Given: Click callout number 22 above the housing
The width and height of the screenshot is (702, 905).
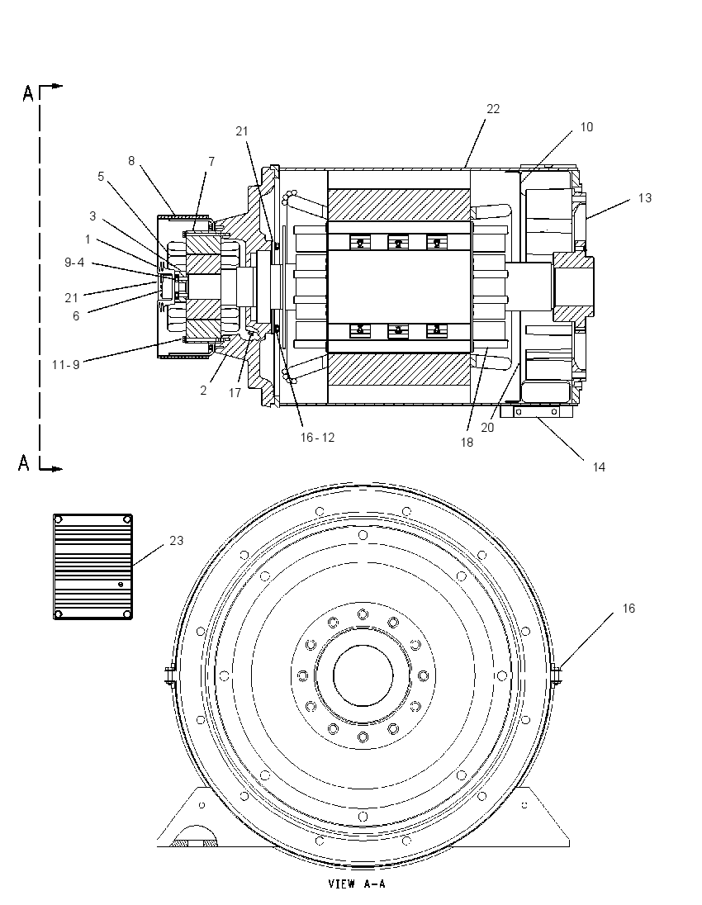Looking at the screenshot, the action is [492, 109].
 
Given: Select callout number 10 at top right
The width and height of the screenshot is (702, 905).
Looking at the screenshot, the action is [586, 127].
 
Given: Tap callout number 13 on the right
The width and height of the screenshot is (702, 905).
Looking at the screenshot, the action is [644, 198].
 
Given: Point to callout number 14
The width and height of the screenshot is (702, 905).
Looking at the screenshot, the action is [599, 467].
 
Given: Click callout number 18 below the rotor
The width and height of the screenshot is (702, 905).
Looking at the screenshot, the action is [467, 442].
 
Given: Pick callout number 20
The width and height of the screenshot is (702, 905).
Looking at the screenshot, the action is [487, 428].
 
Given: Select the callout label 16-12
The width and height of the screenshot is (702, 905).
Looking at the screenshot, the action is [317, 438].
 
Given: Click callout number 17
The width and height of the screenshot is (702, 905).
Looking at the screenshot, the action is [235, 393].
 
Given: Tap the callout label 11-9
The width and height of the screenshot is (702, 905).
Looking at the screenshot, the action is [65, 365].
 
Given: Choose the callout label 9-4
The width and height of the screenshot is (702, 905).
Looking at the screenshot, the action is [74, 263].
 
